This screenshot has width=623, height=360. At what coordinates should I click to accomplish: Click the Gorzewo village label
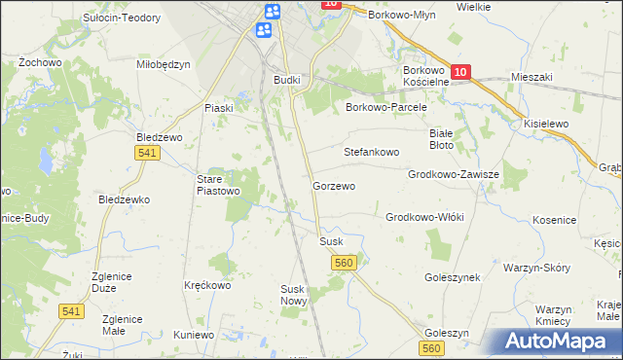point(333,185)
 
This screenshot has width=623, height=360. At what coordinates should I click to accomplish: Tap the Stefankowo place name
point(372,152)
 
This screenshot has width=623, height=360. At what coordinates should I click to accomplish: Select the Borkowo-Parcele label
point(386,108)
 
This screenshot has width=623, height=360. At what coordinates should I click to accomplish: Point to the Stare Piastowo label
point(219,185)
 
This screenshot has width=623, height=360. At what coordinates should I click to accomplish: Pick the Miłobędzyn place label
point(163,64)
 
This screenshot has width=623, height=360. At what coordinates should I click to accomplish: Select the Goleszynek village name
point(453,277)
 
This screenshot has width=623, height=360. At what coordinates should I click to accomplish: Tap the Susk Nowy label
point(294,295)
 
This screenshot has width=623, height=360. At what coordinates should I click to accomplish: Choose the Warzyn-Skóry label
point(535,267)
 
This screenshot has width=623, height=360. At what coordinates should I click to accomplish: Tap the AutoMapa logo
point(557,342)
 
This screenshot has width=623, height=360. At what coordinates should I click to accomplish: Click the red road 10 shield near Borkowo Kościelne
point(461,72)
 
